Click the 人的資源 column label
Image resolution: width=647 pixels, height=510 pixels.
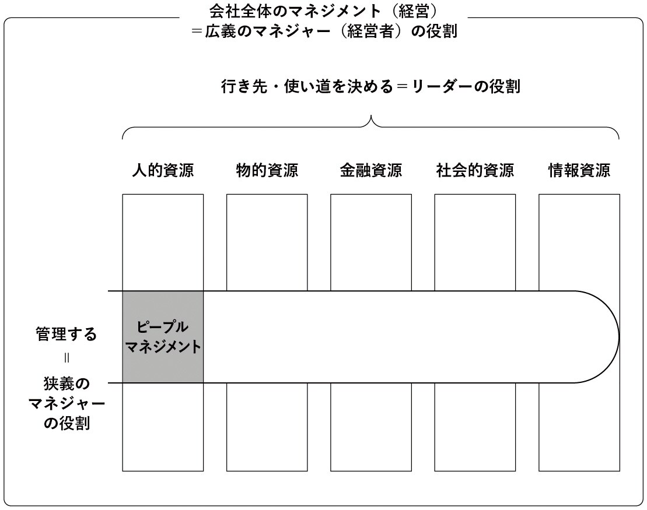tap(163, 170)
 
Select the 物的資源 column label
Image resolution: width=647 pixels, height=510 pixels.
tap(267, 170)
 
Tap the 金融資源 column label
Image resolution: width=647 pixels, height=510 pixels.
tap(371, 170)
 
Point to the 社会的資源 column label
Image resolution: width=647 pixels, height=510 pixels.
tap(475, 170)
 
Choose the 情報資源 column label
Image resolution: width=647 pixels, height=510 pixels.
tap(579, 170)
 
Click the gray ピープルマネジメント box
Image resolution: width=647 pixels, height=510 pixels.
tap(163, 337)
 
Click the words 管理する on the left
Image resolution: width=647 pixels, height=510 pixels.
tap(67, 334)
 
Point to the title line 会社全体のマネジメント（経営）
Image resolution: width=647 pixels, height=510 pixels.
tap(323, 11)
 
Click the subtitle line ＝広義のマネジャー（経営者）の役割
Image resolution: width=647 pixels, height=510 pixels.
tap(324, 31)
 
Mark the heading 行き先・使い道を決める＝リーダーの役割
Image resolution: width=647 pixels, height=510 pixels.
tap(370, 87)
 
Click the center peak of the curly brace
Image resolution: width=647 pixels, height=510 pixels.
tap(371, 116)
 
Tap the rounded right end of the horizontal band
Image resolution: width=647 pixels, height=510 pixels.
tap(619, 337)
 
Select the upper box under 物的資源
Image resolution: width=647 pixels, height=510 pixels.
tap(267, 242)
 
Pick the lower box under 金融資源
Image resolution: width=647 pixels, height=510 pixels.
tap(371, 427)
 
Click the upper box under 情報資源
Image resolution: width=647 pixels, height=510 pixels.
tap(579, 242)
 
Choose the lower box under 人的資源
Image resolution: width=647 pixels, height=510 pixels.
tap(163, 427)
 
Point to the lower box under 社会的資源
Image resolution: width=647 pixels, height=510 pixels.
tap(475, 427)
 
